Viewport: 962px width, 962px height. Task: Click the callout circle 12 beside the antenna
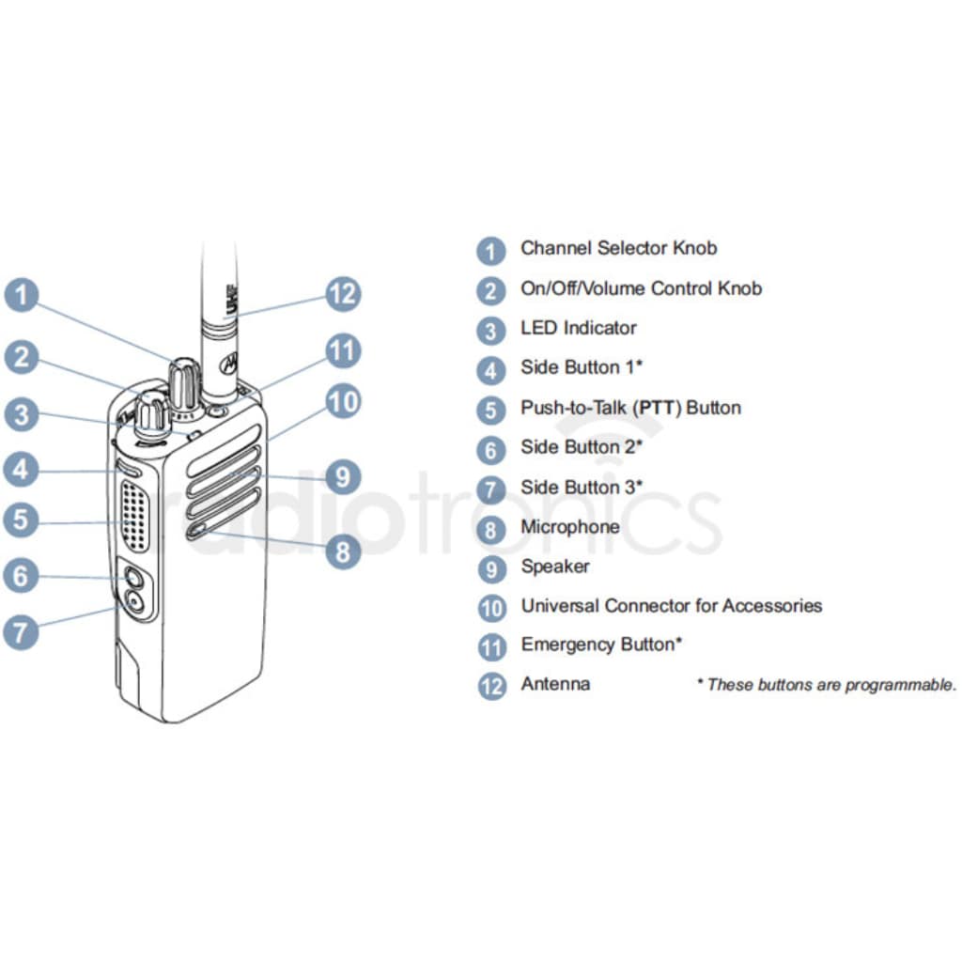pyautogui.click(x=342, y=294)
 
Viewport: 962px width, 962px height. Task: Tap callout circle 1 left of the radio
pyautogui.click(x=21, y=294)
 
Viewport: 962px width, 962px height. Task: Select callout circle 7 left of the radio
pyautogui.click(x=21, y=630)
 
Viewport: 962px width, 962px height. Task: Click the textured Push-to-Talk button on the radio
pyautogui.click(x=136, y=515)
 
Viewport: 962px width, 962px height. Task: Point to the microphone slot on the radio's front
pyautogui.click(x=197, y=532)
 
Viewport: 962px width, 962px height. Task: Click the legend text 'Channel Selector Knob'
pyautogui.click(x=618, y=249)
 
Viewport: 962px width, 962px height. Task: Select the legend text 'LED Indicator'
pyautogui.click(x=578, y=328)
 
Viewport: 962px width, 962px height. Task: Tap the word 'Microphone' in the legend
pyautogui.click(x=569, y=527)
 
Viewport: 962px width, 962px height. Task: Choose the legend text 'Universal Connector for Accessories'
pyautogui.click(x=671, y=606)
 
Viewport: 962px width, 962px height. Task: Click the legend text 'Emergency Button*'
pyautogui.click(x=601, y=644)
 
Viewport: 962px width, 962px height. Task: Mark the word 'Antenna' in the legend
pyautogui.click(x=555, y=684)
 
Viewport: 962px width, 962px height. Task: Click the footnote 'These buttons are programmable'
pyautogui.click(x=827, y=685)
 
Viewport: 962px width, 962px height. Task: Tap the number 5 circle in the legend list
pyautogui.click(x=490, y=411)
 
